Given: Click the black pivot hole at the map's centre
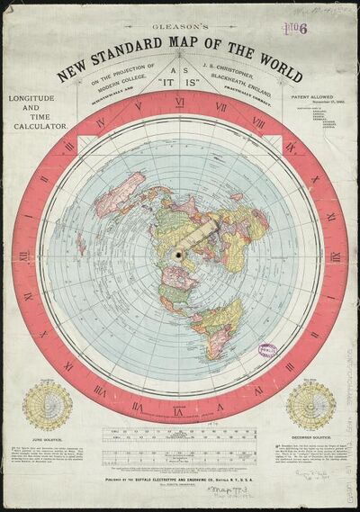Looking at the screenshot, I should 181,256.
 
